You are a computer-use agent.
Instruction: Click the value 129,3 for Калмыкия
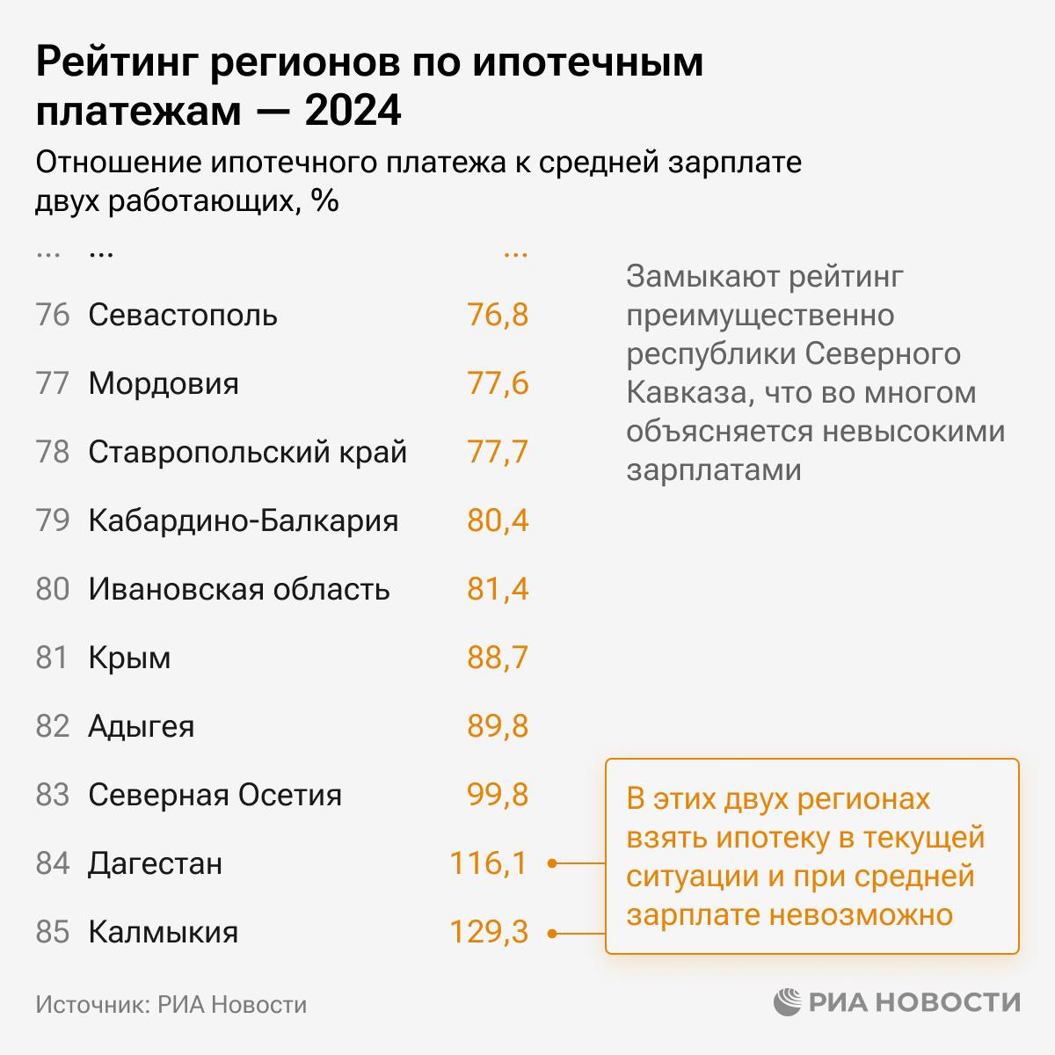(x=489, y=932)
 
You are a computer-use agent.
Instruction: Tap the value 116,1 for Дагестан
(x=489, y=863)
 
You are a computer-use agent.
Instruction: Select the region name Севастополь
(x=183, y=315)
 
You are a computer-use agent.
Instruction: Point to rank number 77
(x=53, y=383)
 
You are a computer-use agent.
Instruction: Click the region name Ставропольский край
(x=248, y=452)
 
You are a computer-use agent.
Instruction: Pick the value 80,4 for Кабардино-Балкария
(x=498, y=520)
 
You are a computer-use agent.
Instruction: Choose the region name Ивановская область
(x=239, y=589)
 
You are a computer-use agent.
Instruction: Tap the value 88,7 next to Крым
(x=498, y=658)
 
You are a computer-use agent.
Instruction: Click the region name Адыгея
(x=142, y=726)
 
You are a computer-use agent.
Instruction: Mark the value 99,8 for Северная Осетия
(x=498, y=795)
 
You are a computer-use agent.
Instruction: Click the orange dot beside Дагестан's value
(x=552, y=863)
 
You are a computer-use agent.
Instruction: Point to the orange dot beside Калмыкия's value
(x=552, y=934)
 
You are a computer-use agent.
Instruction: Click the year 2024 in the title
(x=353, y=112)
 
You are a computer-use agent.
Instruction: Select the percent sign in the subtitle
(x=325, y=201)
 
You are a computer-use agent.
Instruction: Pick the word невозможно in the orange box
(x=861, y=914)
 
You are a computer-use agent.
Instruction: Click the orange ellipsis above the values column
(x=515, y=254)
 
